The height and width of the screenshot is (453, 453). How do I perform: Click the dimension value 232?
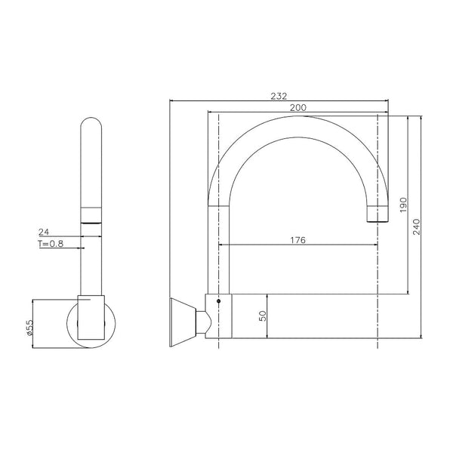[x=279, y=96]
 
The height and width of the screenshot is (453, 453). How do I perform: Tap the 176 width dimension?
[x=297, y=240]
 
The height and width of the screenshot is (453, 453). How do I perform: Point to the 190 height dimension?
[x=404, y=204]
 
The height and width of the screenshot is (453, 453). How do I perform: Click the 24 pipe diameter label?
[x=44, y=232]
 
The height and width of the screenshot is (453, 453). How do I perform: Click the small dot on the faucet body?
[x=219, y=301]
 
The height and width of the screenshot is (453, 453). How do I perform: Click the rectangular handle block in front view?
[x=92, y=317]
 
